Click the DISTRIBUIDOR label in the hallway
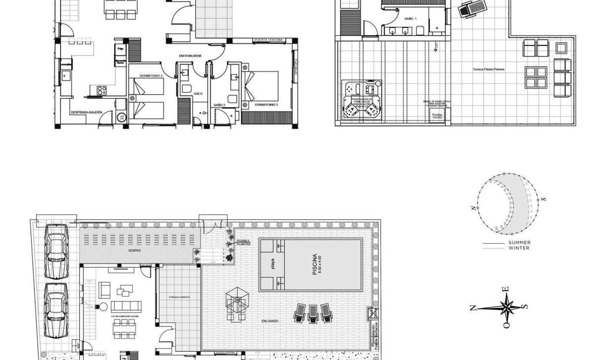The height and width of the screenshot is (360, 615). pos(190,56)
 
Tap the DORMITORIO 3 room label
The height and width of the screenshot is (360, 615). pos(151,75)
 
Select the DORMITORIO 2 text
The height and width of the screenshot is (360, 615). pos(266,105)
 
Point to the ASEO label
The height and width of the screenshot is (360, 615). pos(198,93)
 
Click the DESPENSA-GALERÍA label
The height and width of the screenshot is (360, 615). pos(86,113)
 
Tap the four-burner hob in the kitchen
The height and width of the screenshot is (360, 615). pos(102,90)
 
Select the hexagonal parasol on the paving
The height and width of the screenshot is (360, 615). pos(238,300)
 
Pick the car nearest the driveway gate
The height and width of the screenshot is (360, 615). pos(56,250)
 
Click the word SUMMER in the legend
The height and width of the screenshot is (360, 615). pos(519,243)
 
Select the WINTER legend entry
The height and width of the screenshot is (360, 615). pos(519,248)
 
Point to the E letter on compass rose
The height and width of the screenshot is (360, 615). pos(505,290)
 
